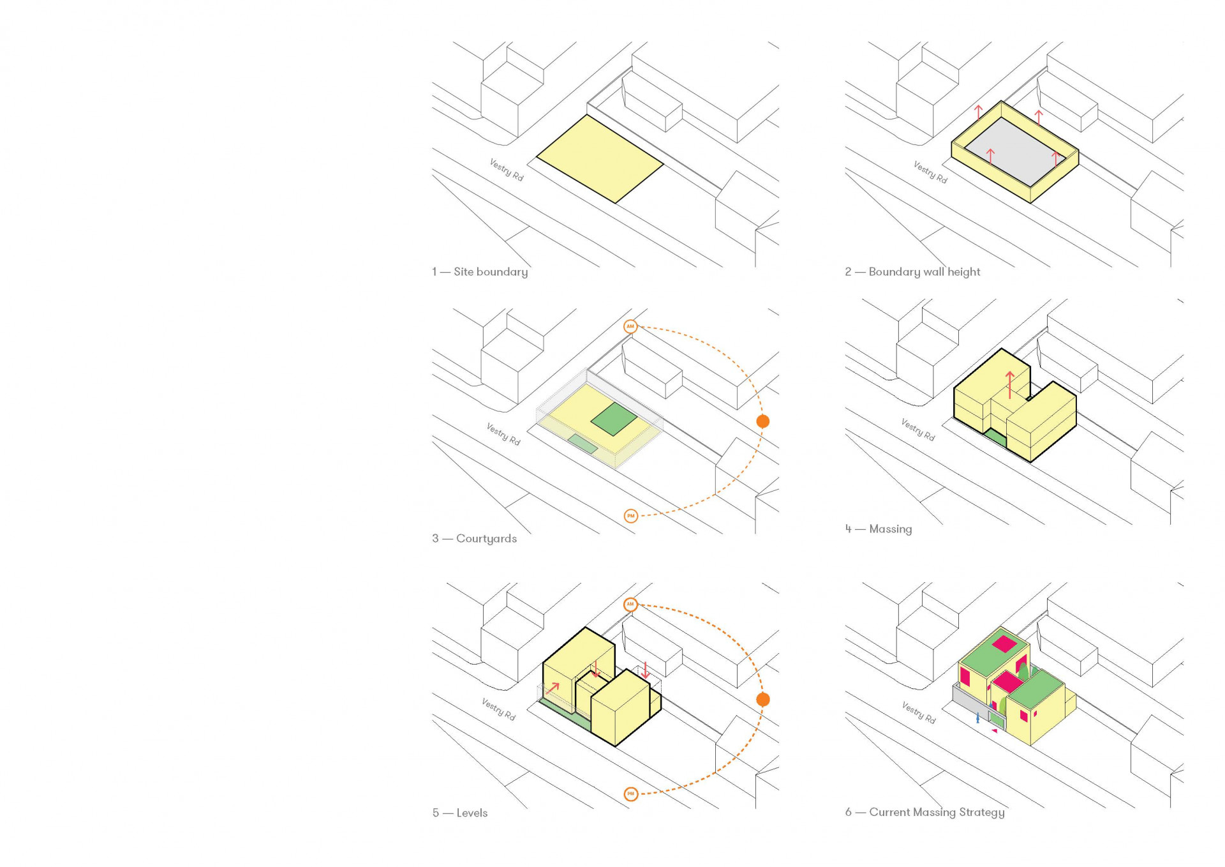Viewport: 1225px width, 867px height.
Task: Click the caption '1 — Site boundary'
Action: click(x=480, y=272)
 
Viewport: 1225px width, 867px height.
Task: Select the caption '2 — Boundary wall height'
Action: click(x=912, y=272)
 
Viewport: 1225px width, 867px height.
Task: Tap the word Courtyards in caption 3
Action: click(x=486, y=539)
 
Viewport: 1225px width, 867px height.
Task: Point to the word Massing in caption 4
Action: click(x=891, y=529)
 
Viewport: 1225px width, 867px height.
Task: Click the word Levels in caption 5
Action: click(x=472, y=813)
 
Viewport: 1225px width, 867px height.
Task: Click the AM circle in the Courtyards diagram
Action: click(x=630, y=326)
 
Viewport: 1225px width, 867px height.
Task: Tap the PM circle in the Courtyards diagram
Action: click(x=630, y=516)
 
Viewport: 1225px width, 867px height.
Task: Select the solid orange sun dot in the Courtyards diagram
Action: click(x=762, y=421)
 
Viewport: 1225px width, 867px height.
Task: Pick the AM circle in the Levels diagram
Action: click(x=630, y=604)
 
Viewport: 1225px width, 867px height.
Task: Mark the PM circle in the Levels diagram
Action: click(x=630, y=794)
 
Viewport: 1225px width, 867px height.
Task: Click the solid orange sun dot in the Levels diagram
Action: click(x=762, y=700)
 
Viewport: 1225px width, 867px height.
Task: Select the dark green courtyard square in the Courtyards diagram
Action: click(x=614, y=419)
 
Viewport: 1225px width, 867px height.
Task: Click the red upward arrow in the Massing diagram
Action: click(x=1009, y=385)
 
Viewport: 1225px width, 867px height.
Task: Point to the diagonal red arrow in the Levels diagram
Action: click(x=553, y=689)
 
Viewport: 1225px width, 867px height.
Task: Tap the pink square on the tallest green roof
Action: click(x=1004, y=644)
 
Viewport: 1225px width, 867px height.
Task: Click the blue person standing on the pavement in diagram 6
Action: click(x=977, y=718)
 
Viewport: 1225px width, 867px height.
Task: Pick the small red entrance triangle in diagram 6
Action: click(x=994, y=731)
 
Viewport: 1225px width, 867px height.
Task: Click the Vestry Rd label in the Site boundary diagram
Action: click(x=507, y=170)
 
